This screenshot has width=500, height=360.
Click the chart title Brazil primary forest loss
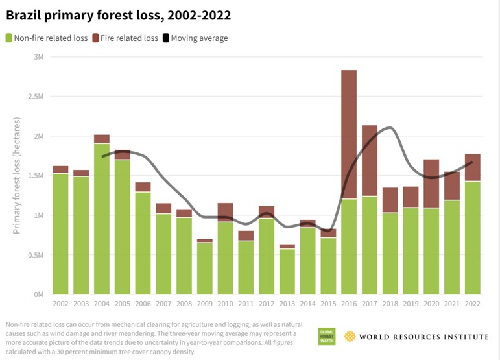pos(119,14)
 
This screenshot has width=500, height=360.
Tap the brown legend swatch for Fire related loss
pos(96,38)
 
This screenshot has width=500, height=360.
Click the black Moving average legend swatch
pos(165,38)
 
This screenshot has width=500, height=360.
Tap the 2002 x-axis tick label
pos(60,304)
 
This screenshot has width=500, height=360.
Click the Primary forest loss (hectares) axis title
pos(18,175)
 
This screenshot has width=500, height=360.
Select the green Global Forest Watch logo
pos(326,336)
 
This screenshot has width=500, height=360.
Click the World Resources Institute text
pos(424,336)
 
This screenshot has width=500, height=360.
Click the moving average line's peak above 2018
pos(388,128)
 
